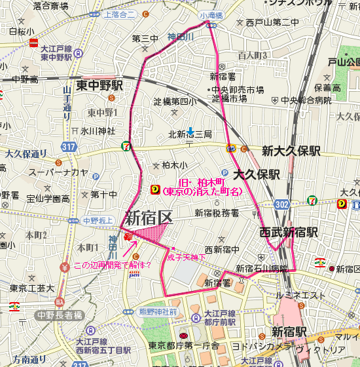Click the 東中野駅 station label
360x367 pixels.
point(99,86)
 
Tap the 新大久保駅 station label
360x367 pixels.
point(291,150)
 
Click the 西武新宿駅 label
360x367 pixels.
point(289,232)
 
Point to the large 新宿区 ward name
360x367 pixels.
point(148,217)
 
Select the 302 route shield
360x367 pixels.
point(281,204)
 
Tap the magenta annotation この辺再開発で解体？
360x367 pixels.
point(112,265)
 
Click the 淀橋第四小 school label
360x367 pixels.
point(175,102)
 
